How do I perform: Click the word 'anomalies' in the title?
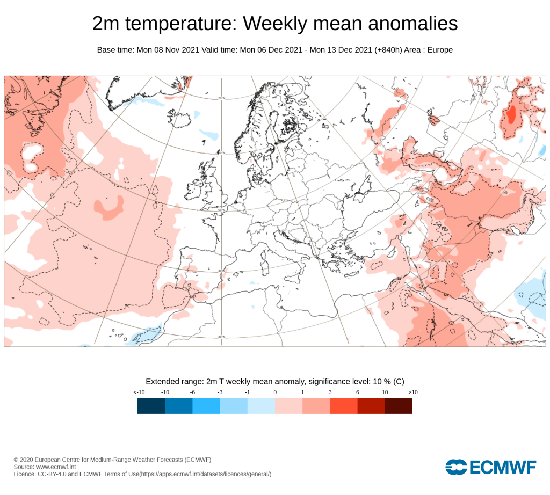click(413, 24)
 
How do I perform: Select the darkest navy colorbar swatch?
click(151, 405)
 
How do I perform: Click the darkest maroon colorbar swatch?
click(399, 405)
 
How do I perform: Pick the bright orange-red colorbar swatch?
click(344, 405)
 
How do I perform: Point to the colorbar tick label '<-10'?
click(139, 392)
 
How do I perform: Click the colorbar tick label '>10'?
click(413, 392)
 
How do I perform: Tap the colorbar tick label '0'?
click(275, 392)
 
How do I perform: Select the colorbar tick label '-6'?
click(192, 392)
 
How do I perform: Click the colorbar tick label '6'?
click(357, 392)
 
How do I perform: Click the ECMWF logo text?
click(502, 467)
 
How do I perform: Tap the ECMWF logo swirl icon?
click(456, 467)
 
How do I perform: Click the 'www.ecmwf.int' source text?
click(56, 467)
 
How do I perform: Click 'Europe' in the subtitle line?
click(440, 50)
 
